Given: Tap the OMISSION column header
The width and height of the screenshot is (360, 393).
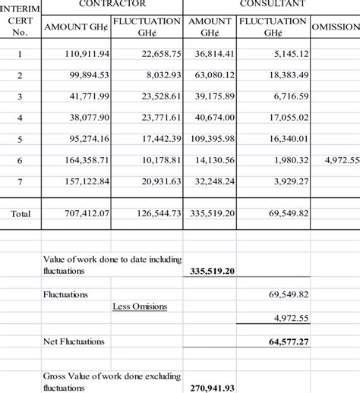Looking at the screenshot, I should coord(335,27).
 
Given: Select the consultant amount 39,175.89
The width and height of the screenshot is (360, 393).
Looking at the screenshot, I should coord(210,96).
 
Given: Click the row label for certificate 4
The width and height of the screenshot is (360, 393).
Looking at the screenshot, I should coord(21,118).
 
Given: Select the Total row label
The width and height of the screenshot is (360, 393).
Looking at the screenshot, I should coord(21,214).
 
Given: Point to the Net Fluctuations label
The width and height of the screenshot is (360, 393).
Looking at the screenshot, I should coord(74,341).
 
